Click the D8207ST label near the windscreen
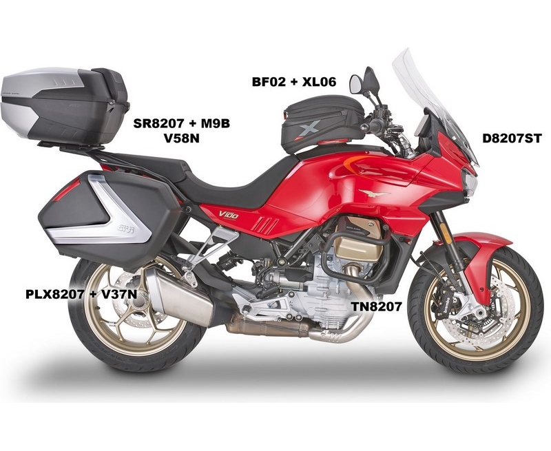point(512,138)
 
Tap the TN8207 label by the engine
point(376,306)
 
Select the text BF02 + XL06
point(294,81)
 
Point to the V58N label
point(182,138)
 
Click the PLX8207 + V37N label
point(81,293)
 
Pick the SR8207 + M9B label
point(182,123)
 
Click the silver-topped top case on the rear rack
point(65,105)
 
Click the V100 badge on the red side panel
point(229,214)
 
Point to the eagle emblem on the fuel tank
point(374,193)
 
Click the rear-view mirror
point(356,84)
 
